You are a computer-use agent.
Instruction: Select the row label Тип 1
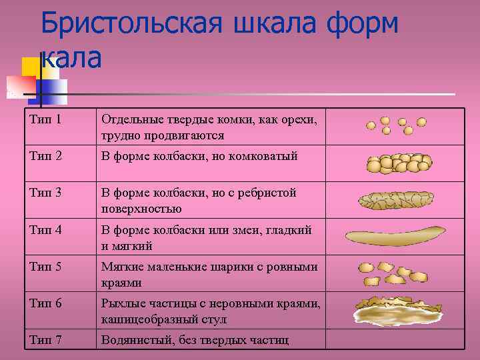(x=46, y=120)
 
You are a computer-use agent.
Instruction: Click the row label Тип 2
(x=46, y=156)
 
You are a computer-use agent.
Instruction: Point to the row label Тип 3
(x=46, y=193)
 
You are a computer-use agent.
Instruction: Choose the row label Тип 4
(x=46, y=229)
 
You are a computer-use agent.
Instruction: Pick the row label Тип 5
(x=46, y=267)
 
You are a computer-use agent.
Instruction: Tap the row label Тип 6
(x=46, y=303)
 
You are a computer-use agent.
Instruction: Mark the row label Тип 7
(x=46, y=340)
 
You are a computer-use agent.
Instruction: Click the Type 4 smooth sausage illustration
(x=395, y=235)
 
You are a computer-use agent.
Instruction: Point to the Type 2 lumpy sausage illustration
(x=398, y=163)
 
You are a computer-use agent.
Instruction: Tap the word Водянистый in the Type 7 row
(x=133, y=340)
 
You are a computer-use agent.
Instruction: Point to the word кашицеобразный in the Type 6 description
(x=147, y=319)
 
